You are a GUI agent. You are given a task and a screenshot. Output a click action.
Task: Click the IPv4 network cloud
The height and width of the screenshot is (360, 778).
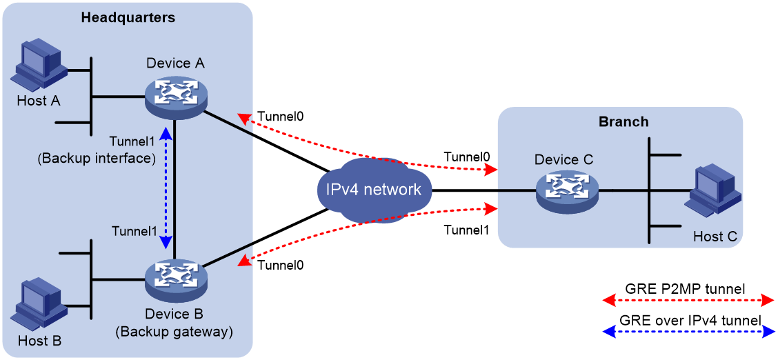click(374, 190)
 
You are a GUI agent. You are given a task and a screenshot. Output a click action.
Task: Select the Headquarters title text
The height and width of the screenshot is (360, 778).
click(128, 17)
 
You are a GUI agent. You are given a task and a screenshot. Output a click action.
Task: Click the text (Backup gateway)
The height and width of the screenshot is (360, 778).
click(174, 331)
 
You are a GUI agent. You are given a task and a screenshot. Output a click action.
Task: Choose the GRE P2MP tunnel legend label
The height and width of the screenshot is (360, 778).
click(688, 288)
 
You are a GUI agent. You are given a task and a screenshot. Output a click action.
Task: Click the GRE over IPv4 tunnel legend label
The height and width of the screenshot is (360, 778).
click(687, 320)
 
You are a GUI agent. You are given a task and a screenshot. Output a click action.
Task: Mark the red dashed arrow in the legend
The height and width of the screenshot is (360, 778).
click(687, 301)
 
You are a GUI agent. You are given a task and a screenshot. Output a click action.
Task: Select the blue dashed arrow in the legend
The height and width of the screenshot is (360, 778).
click(687, 332)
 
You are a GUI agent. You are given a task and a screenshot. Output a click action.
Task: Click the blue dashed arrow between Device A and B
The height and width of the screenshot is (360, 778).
click(167, 186)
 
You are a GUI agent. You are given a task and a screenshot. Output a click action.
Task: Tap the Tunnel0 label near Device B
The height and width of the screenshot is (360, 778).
click(280, 266)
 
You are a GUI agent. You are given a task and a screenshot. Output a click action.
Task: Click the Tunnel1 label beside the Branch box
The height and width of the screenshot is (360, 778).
click(466, 230)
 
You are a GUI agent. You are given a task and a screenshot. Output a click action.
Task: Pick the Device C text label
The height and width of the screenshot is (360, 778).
click(568, 160)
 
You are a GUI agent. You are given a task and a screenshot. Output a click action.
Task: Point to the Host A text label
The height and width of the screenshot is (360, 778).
click(39, 101)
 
